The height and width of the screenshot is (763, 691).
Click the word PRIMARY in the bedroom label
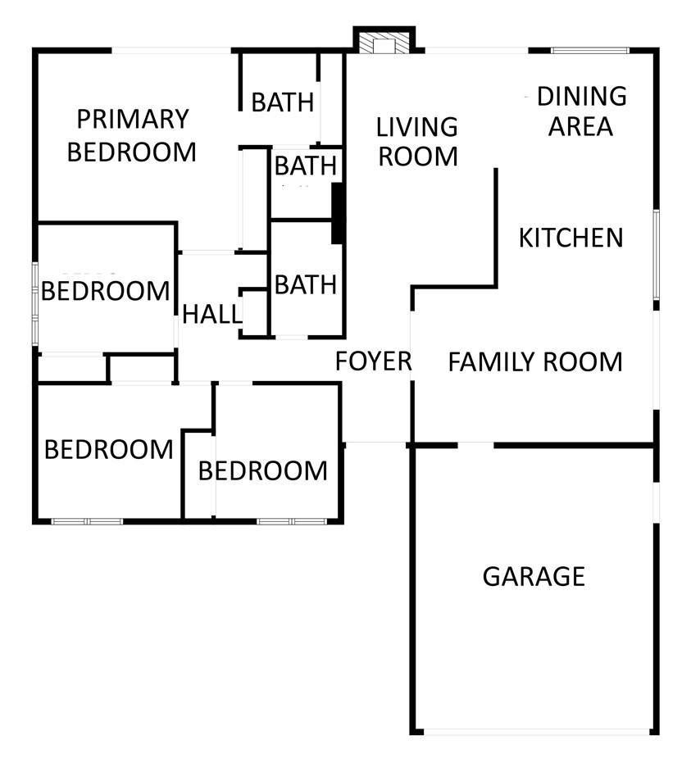pos(133,119)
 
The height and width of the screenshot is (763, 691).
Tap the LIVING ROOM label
pos(417,142)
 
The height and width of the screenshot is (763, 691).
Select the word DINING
pos(582,97)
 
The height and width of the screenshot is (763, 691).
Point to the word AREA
pos(580,126)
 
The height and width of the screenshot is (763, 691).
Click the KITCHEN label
pos(571,238)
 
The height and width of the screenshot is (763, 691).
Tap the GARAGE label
pos(534,577)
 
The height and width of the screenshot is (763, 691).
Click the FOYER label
pos(374,361)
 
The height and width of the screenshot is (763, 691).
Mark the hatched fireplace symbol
pos(384,43)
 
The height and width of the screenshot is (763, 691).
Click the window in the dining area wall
pos(590,50)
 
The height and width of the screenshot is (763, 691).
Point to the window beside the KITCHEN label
pos(656,255)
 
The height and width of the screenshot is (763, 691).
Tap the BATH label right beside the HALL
pos(306,284)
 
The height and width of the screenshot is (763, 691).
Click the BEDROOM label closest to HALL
pos(105,291)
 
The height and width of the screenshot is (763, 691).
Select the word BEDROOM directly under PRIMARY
pos(131,152)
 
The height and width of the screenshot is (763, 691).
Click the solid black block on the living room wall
pos(337,213)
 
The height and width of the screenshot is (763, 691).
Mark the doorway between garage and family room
pos(475,445)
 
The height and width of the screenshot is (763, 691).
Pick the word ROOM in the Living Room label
pos(418,157)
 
